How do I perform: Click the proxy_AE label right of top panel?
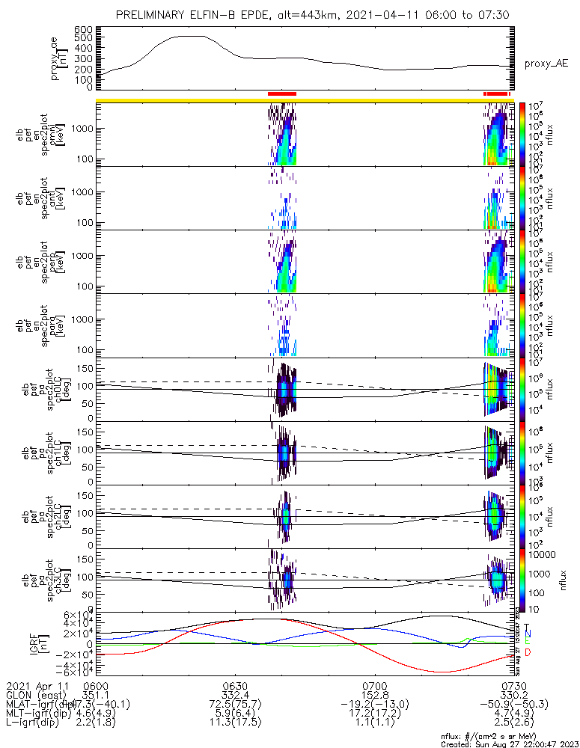point(546,64)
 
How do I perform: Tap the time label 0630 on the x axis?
point(235,685)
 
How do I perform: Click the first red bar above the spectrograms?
point(282,93)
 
